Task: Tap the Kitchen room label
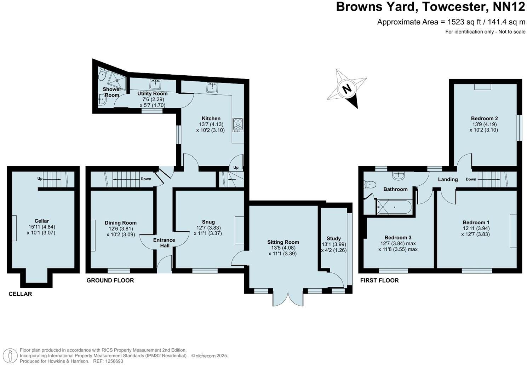coord(211,118)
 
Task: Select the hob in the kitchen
coord(238,125)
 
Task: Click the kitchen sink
coord(212,87)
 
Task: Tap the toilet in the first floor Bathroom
coord(369,184)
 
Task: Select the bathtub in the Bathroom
coord(394,207)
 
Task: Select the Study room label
coord(333,238)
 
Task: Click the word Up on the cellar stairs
coord(40,179)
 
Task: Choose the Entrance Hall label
coord(164,243)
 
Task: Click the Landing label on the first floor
coord(448,179)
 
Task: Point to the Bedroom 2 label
coord(484,118)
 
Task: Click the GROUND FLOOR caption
coord(110,280)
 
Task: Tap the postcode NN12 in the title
coord(506,7)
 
